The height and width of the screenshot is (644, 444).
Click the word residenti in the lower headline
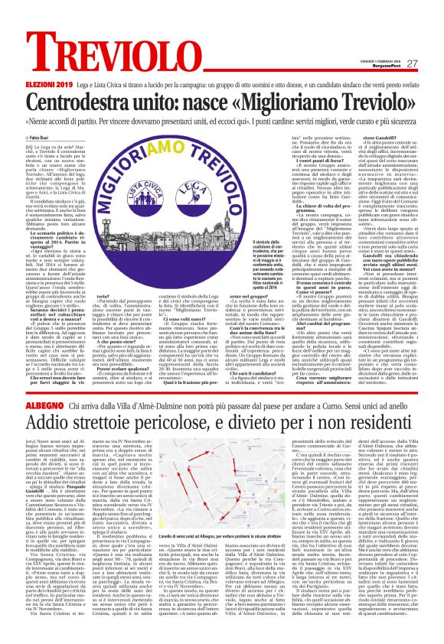coord(391,424)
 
